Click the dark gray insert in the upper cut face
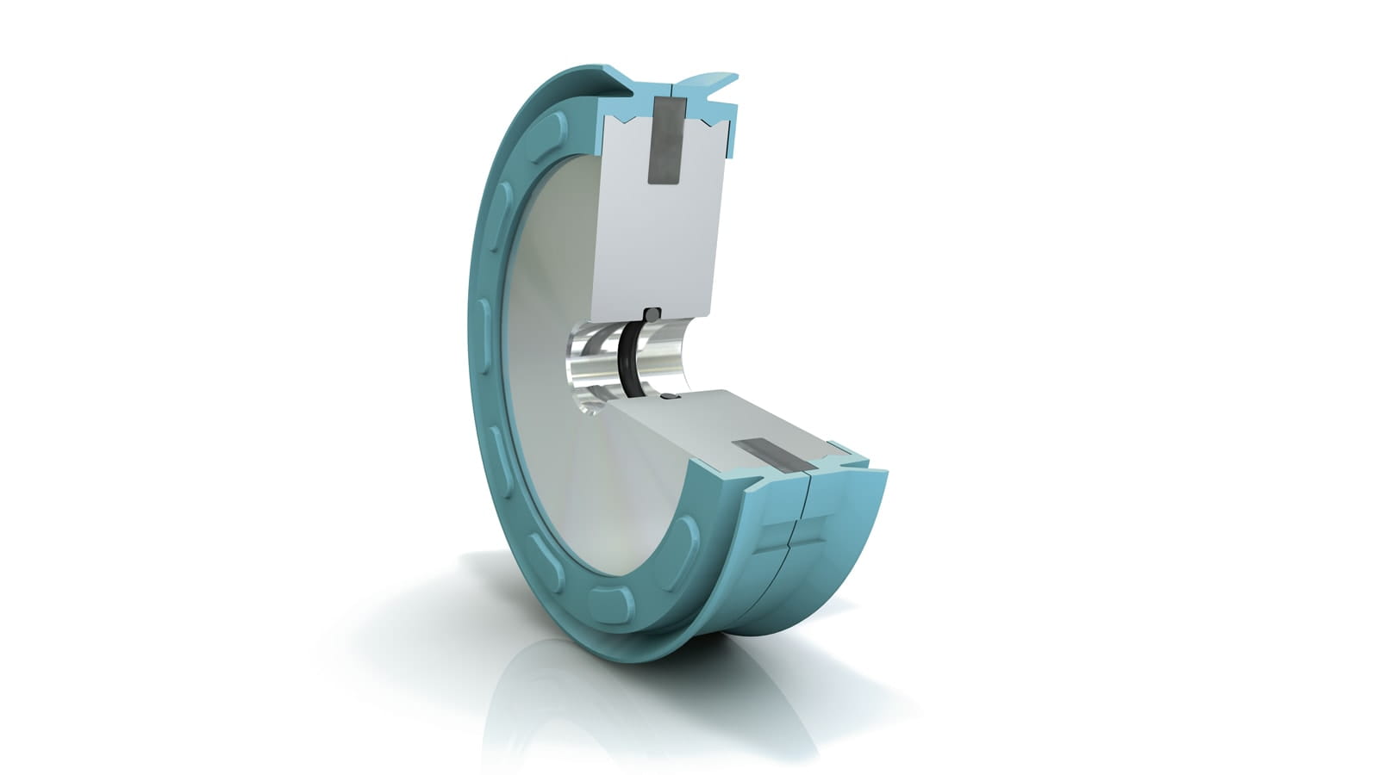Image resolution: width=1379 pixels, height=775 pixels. pos(665,139)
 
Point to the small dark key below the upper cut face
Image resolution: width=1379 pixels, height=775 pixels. pos(652,314)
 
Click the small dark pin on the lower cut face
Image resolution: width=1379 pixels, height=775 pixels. pos(671,399)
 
